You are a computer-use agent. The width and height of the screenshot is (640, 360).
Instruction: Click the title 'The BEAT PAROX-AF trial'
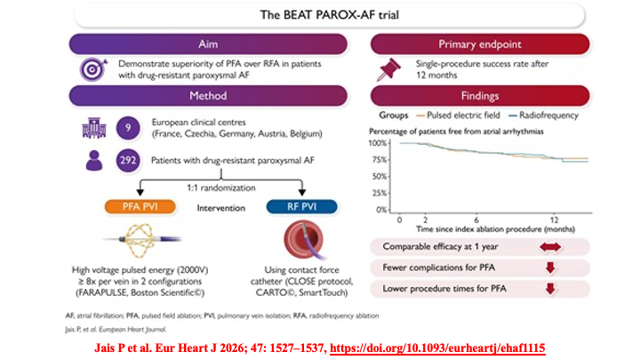click(319, 15)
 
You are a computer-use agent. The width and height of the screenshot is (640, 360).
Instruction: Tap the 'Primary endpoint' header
click(481, 44)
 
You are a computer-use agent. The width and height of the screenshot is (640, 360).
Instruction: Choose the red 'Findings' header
click(481, 96)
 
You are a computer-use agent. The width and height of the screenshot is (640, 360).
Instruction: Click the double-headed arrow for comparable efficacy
click(549, 246)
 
